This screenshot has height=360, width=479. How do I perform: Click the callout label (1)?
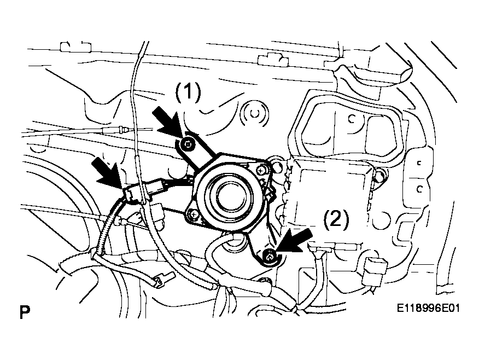point(188,92)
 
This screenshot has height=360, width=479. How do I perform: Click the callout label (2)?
point(336,219)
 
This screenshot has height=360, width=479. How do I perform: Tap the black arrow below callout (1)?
point(167,122)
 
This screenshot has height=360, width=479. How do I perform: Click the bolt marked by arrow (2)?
point(270,256)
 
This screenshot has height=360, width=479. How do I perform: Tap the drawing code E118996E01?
point(428,307)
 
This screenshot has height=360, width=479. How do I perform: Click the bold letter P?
point(25,312)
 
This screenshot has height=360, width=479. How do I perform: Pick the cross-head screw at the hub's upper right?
point(262,169)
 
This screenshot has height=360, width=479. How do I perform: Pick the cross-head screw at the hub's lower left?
point(193,214)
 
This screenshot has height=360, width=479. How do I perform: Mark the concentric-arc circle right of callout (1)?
point(254,114)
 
